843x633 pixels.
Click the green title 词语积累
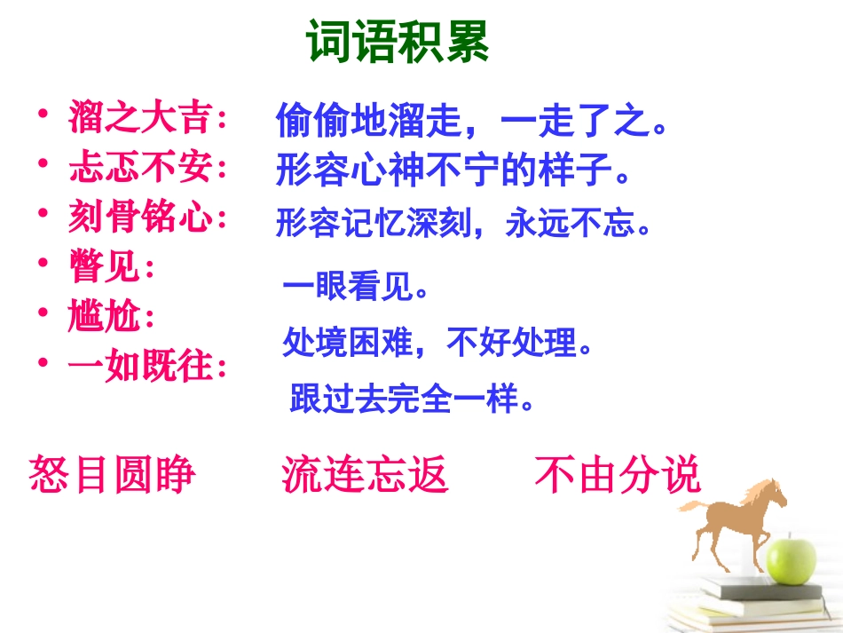click(398, 42)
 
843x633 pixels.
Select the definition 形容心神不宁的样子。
click(453, 170)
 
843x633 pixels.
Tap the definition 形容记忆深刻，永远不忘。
click(463, 224)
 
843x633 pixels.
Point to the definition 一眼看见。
click(356, 288)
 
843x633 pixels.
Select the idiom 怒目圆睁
click(113, 474)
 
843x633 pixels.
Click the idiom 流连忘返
click(365, 474)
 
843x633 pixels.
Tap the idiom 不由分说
click(618, 474)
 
